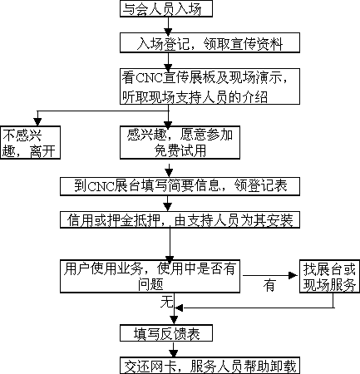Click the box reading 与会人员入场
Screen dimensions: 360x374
[x=166, y=8]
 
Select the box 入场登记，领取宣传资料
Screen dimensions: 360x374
[x=210, y=43]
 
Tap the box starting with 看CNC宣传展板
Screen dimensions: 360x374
[x=210, y=86]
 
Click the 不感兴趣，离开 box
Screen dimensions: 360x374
[x=30, y=143]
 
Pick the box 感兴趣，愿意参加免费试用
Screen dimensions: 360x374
[x=180, y=143]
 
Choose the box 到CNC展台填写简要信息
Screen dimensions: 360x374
[x=180, y=186]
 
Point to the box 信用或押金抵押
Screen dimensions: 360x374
[x=180, y=220]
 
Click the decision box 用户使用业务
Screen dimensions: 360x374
[x=150, y=276]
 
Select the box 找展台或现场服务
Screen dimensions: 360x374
[x=329, y=276]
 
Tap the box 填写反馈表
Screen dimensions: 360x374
[x=166, y=333]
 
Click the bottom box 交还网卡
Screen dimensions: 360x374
[x=210, y=366]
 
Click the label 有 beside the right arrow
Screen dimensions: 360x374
[x=269, y=285]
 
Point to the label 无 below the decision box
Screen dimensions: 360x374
[x=166, y=302]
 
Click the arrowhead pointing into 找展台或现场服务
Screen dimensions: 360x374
[x=293, y=275]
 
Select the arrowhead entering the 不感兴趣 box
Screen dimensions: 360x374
[x=37, y=122]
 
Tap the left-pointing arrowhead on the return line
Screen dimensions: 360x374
[x=180, y=308]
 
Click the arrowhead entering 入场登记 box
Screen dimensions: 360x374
[x=168, y=30]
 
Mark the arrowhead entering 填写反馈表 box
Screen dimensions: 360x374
[x=174, y=321]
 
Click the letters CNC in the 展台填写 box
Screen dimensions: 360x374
[x=101, y=186]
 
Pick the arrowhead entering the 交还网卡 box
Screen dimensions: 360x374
[x=174, y=353]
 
